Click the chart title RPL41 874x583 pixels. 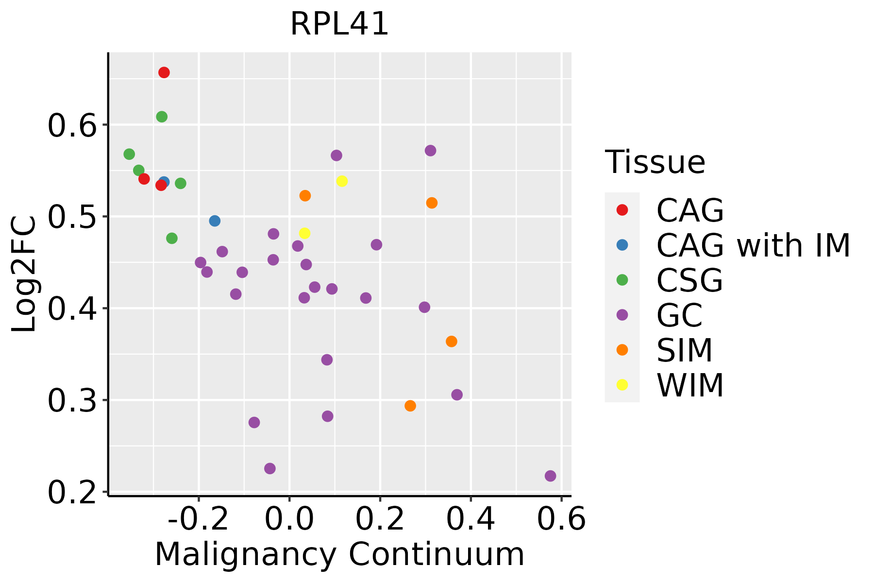click(339, 24)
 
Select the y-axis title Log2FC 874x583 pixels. click(24, 274)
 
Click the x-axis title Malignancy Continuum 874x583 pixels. click(339, 554)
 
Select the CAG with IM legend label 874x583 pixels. click(753, 245)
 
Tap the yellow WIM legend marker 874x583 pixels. click(622, 385)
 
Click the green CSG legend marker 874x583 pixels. click(622, 280)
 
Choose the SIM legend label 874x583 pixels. click(684, 350)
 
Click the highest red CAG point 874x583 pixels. click(164, 72)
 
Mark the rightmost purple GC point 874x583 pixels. click(550, 476)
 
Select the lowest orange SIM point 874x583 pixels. click(410, 406)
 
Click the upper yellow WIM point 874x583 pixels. click(342, 181)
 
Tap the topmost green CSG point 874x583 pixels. click(162, 117)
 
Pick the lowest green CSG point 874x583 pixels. click(172, 238)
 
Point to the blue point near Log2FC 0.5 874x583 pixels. click(215, 221)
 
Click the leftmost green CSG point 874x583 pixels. click(129, 154)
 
